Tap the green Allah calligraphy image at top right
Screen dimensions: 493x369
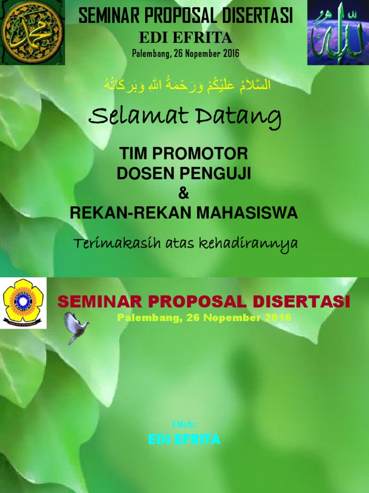[x=338, y=33]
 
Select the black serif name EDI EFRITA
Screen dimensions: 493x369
[x=185, y=38]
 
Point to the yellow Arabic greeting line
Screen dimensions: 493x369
[x=187, y=85]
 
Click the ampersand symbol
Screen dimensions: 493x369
[x=184, y=194]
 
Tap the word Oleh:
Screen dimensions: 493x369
[x=184, y=424]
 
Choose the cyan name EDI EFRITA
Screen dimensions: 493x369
[x=184, y=439]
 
